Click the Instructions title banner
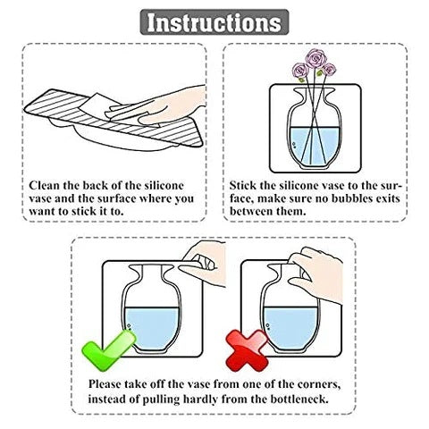(x=214, y=22)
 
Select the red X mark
(x=247, y=351)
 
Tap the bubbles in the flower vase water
(x=294, y=145)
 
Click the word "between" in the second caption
(x=248, y=211)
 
